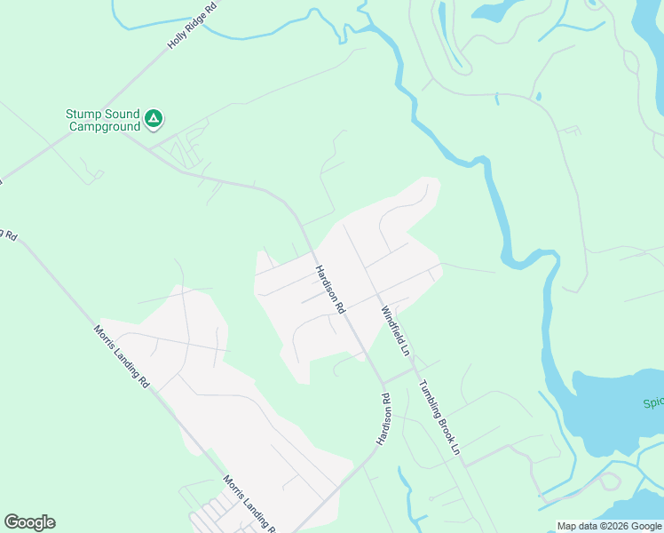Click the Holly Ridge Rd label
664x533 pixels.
click(x=193, y=26)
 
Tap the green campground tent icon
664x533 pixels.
click(x=154, y=117)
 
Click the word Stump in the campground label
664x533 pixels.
click(x=83, y=114)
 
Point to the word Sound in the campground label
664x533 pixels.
click(x=122, y=114)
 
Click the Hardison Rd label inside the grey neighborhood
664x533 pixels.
click(x=328, y=289)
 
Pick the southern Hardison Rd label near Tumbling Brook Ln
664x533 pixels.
click(x=383, y=418)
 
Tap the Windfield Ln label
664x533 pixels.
click(x=396, y=330)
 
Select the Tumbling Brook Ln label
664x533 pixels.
click(x=440, y=418)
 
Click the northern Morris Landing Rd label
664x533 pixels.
click(x=121, y=355)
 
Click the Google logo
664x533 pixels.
click(x=29, y=522)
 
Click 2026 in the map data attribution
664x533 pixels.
click(x=613, y=526)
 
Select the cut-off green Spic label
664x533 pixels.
click(x=652, y=402)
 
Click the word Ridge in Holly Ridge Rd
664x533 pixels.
click(x=194, y=24)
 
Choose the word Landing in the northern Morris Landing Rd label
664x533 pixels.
click(x=122, y=356)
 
